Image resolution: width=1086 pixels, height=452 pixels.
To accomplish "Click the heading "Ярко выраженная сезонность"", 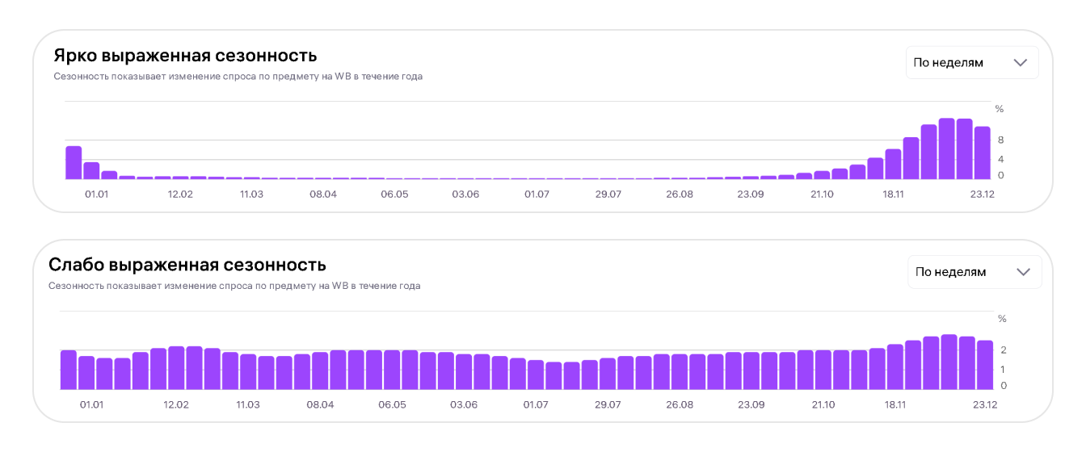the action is (x=185, y=56).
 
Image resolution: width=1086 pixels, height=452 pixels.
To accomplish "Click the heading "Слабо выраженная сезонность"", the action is (x=187, y=265).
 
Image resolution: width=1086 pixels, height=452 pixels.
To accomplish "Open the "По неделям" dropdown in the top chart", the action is (x=972, y=62).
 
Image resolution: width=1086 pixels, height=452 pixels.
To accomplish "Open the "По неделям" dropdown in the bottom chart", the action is (x=974, y=272).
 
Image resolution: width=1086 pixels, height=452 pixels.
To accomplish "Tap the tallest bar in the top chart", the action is (x=946, y=149).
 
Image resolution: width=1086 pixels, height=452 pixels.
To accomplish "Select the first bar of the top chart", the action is (x=74, y=163).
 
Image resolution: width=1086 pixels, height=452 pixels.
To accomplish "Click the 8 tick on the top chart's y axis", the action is (x=1000, y=140).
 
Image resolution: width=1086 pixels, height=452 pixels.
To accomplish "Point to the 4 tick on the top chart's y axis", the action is (x=1000, y=159).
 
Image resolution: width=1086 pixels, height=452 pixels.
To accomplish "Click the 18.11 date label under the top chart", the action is (x=893, y=195).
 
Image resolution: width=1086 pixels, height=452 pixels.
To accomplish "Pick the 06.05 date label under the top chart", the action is (x=394, y=195).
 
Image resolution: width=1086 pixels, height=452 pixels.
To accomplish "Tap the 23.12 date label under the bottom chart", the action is (x=985, y=404).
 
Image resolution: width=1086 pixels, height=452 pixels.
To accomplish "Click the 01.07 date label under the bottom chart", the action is (x=536, y=404).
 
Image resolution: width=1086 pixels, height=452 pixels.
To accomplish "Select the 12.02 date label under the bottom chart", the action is (x=176, y=404).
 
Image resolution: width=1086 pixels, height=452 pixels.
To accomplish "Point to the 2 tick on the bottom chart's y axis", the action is (x=1004, y=349).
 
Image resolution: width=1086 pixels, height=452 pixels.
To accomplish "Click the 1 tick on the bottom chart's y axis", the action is (x=1003, y=370).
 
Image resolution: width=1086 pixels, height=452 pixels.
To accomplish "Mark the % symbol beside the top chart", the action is (x=1000, y=109).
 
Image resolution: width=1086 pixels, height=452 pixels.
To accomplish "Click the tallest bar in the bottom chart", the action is (x=949, y=362).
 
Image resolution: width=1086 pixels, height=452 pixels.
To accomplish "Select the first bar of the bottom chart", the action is (x=69, y=370).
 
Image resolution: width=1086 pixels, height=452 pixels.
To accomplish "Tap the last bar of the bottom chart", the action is (x=985, y=365).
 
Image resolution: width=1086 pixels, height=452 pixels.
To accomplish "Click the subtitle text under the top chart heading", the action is (x=238, y=77).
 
